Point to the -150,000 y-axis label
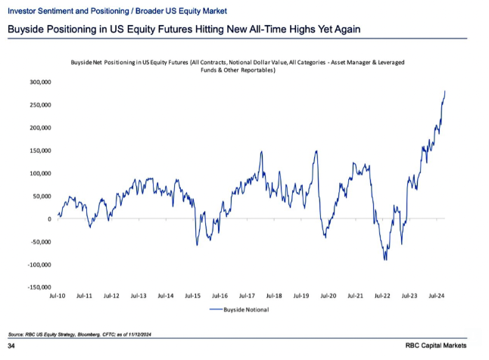click(x=37, y=287)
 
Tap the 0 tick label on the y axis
click(x=49, y=219)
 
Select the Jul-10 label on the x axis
click(x=58, y=296)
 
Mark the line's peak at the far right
click(x=445, y=91)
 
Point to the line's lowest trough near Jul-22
click(x=385, y=260)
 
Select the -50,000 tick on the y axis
click(x=39, y=242)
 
